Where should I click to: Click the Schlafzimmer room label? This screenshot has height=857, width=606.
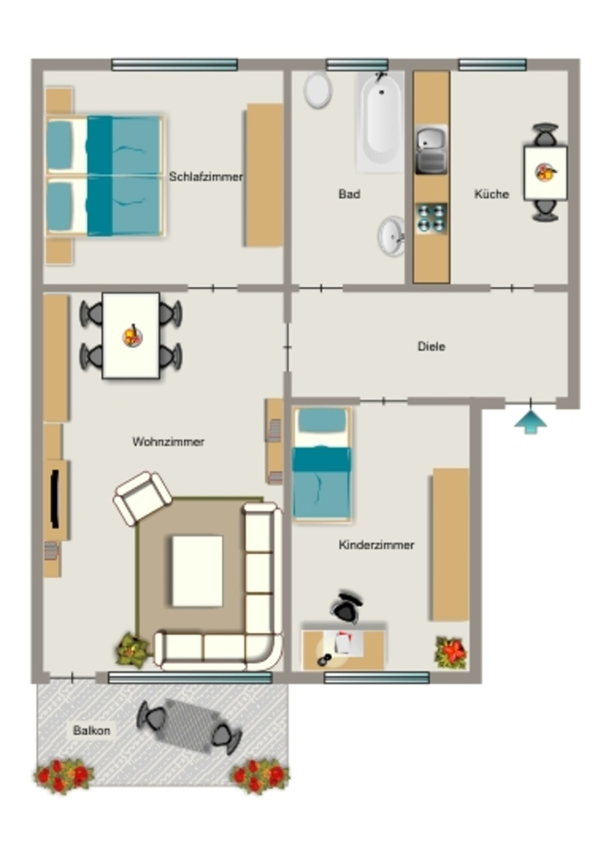point(205,177)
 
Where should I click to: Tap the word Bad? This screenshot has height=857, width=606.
point(349,194)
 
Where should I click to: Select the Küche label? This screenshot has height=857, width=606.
point(491,194)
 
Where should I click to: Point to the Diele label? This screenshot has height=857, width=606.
point(431,346)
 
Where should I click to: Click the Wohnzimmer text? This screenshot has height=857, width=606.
point(168,442)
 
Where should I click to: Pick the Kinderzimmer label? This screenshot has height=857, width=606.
point(377,545)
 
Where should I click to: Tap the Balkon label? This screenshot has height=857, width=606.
point(92,731)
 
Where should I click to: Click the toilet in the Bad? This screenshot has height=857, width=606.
point(317,90)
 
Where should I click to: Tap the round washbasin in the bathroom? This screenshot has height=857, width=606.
point(392,236)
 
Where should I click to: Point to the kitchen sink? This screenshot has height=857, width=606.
point(431,150)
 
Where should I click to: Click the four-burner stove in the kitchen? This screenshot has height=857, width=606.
point(431,218)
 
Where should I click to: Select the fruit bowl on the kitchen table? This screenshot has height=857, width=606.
point(546,172)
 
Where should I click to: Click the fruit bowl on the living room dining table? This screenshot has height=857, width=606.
point(132,336)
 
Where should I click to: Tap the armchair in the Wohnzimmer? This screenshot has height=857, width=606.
point(142,498)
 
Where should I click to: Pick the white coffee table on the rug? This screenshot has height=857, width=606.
point(198,571)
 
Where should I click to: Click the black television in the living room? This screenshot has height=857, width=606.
point(54,498)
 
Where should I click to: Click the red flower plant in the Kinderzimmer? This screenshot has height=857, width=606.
point(451,652)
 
